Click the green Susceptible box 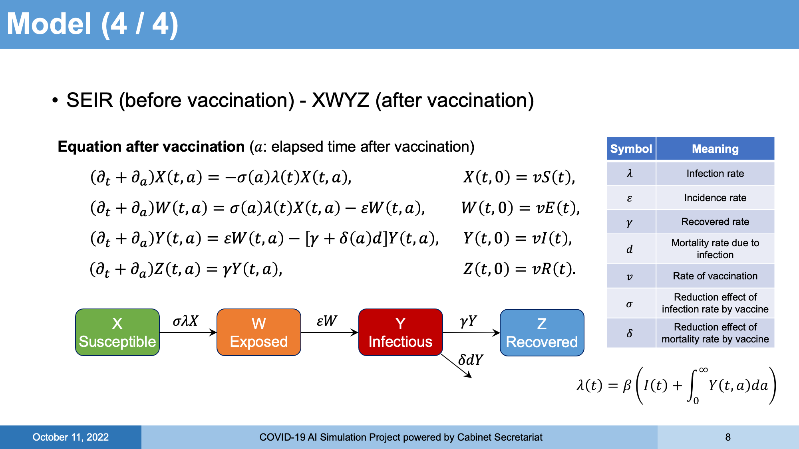pyautogui.click(x=117, y=332)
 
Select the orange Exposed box pyautogui.click(x=259, y=332)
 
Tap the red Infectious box pyautogui.click(x=400, y=332)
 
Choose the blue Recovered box pyautogui.click(x=542, y=332)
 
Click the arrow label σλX pyautogui.click(x=185, y=320)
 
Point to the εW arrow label pyautogui.click(x=327, y=320)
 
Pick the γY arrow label pyautogui.click(x=468, y=321)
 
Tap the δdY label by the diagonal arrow pyautogui.click(x=471, y=360)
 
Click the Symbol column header pyautogui.click(x=631, y=149)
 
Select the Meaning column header pyautogui.click(x=715, y=149)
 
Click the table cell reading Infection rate pyautogui.click(x=715, y=173)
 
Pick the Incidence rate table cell pyautogui.click(x=715, y=198)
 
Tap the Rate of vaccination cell pyautogui.click(x=715, y=276)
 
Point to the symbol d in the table pyautogui.click(x=630, y=249)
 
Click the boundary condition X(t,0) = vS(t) pyautogui.click(x=519, y=177)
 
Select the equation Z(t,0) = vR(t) pyautogui.click(x=519, y=269)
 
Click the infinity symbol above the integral pyautogui.click(x=704, y=370)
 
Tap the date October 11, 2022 pyautogui.click(x=71, y=437)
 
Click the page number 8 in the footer pyautogui.click(x=728, y=437)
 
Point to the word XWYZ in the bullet pyautogui.click(x=340, y=100)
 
